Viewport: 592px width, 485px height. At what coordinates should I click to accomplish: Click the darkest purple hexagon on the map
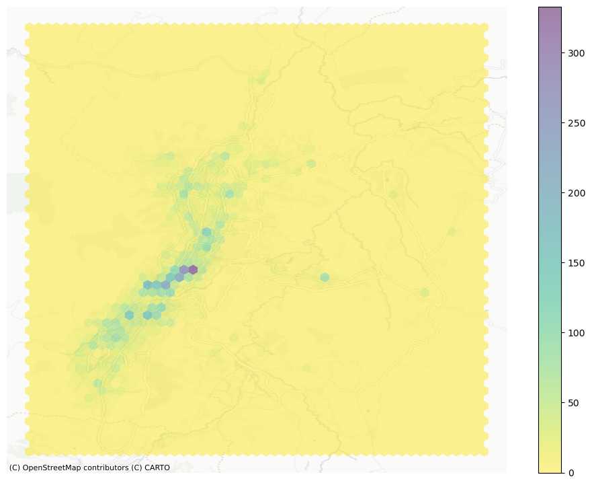point(193,270)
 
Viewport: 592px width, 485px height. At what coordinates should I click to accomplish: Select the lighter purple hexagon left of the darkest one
point(183,270)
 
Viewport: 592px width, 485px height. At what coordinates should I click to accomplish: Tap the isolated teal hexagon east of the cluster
point(325,277)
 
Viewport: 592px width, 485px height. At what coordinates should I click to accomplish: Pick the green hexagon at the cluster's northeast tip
point(311,163)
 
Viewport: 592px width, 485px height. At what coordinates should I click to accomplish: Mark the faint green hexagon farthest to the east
point(452,231)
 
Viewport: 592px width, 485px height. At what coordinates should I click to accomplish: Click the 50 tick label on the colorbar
point(573,403)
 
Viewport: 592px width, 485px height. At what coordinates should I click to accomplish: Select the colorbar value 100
point(575,333)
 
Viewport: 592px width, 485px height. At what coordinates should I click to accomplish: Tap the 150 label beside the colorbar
point(575,263)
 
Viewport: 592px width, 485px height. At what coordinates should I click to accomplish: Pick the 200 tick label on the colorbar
point(575,193)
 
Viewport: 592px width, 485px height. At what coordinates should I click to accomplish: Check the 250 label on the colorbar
point(575,123)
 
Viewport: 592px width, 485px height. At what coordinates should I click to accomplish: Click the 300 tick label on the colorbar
point(575,53)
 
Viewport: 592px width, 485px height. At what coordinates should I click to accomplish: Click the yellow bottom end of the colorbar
point(550,469)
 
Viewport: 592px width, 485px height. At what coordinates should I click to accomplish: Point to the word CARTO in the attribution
point(157,468)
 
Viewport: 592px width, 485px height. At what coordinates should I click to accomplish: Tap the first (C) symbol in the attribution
point(14,468)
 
